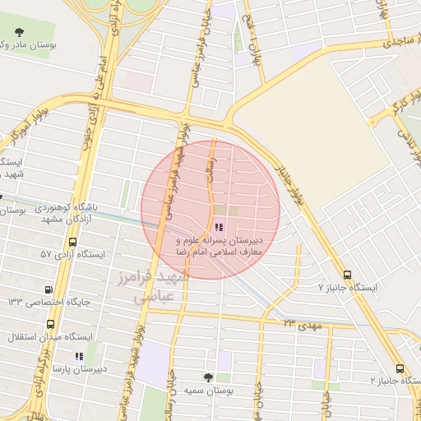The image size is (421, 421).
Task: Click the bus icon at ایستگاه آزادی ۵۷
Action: click(74, 243)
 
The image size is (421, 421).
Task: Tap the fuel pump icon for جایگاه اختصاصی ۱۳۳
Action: click(49, 289)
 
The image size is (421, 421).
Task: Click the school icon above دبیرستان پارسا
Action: click(79, 356)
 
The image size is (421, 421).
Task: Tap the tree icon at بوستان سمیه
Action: click(208, 377)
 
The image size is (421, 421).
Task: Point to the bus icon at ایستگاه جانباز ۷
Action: click(347, 275)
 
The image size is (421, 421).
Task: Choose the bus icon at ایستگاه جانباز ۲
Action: click(400, 368)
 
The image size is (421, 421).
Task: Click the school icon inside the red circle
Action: click(219, 227)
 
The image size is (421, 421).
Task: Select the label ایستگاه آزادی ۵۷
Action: click(72, 255)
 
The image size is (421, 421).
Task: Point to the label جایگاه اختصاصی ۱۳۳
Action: click(44, 303)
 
